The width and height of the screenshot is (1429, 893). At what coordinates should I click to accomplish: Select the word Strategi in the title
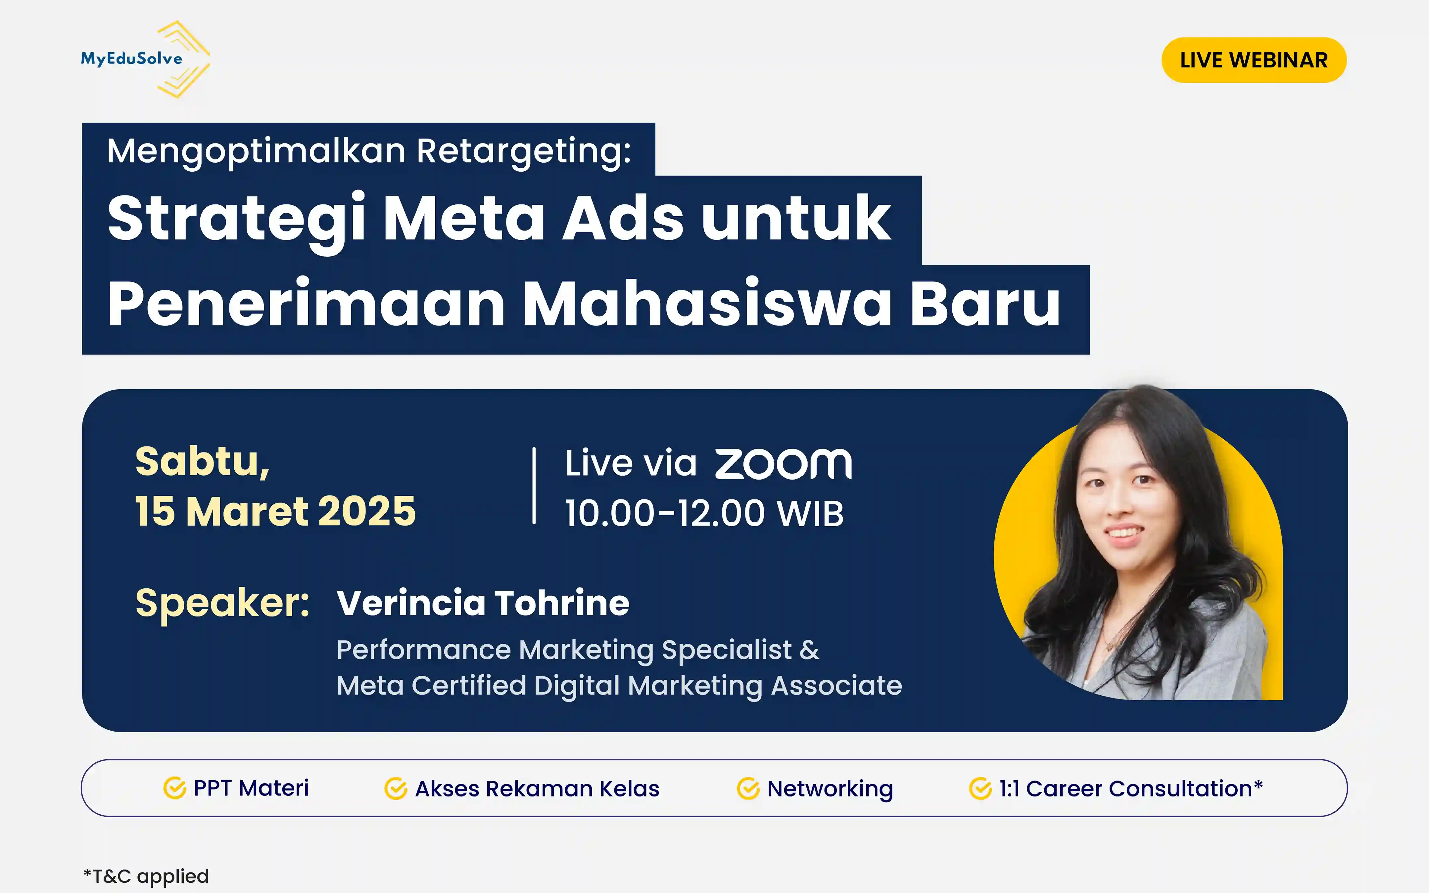pos(236,219)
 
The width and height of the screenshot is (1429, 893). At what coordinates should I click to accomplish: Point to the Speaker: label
pos(222,604)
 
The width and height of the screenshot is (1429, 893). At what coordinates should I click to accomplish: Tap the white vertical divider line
pos(534,486)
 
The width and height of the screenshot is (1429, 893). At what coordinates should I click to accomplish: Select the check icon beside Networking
pos(747,788)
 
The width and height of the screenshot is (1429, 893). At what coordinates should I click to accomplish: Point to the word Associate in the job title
pos(836,686)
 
